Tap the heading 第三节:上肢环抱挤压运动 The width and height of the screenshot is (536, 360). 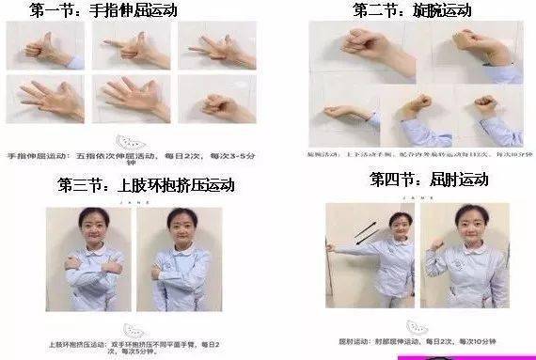click(x=146, y=184)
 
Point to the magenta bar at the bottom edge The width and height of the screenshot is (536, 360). click(x=465, y=357)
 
